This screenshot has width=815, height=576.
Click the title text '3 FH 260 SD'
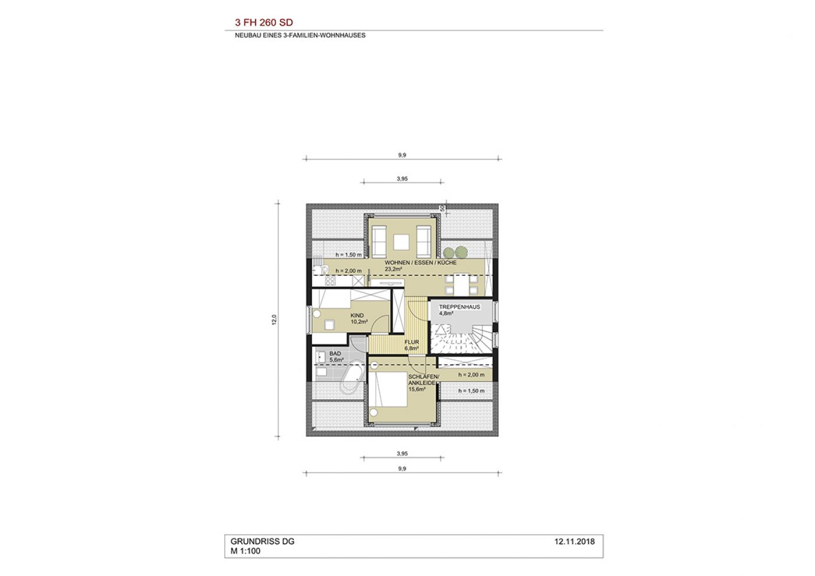(x=264, y=23)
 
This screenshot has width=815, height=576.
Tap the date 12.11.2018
(x=575, y=542)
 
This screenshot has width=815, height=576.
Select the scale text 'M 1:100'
(x=245, y=551)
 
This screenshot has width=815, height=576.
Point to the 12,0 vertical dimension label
(x=274, y=319)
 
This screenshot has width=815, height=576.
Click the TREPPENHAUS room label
(x=459, y=307)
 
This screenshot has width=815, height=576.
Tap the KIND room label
(x=357, y=315)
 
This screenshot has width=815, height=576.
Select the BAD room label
(x=335, y=354)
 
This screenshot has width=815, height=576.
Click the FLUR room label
(x=412, y=342)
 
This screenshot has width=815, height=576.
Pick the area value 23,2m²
(x=394, y=269)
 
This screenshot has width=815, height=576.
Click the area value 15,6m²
(x=417, y=389)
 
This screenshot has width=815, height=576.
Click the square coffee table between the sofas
(x=401, y=242)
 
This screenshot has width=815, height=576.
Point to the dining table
(x=461, y=285)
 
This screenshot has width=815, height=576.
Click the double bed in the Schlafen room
(x=388, y=389)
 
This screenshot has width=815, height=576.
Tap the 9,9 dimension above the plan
(x=402, y=155)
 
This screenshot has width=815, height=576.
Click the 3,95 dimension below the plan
(x=402, y=453)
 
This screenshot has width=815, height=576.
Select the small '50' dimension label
(x=442, y=209)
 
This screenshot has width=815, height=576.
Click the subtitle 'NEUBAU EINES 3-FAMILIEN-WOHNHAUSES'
(x=300, y=35)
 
